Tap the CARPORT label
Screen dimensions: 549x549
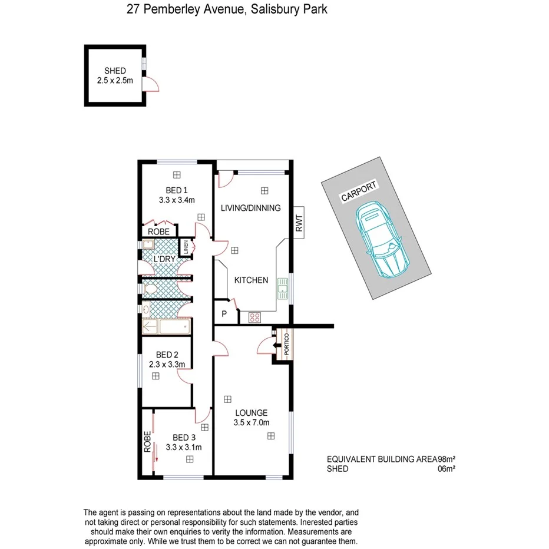[359, 192]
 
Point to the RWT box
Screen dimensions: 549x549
[299, 223]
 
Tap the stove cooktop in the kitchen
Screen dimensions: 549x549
[256, 317]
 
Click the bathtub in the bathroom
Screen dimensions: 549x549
[166, 325]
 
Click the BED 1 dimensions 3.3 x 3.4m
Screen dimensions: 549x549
[176, 200]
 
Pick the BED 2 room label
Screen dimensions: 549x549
[167, 355]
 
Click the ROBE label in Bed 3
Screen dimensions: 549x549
[147, 441]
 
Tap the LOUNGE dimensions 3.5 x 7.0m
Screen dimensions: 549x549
[250, 422]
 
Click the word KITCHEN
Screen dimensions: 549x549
[251, 280]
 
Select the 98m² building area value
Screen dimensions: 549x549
[447, 459]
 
